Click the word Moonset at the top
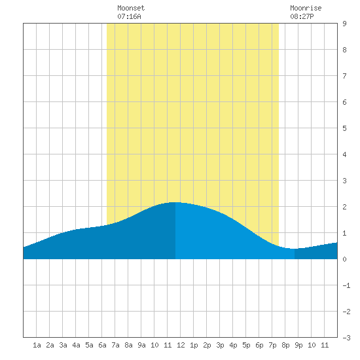[131, 8]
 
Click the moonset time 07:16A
[129, 16]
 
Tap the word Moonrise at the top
[306, 8]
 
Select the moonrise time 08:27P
[302, 16]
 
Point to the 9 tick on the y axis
[344, 24]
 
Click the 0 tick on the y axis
[344, 259]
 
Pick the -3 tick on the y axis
[346, 338]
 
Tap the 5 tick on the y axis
[344, 128]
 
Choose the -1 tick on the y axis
[346, 285]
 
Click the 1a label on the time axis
[37, 345]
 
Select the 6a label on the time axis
[102, 345]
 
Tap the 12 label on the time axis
[181, 345]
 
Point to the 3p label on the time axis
[220, 345]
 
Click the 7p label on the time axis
[272, 345]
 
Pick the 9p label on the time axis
[298, 345]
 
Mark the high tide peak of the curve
[175, 202]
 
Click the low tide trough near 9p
[295, 249]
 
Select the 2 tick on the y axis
[344, 207]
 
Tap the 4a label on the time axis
[76, 345]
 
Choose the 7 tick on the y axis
[344, 76]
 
